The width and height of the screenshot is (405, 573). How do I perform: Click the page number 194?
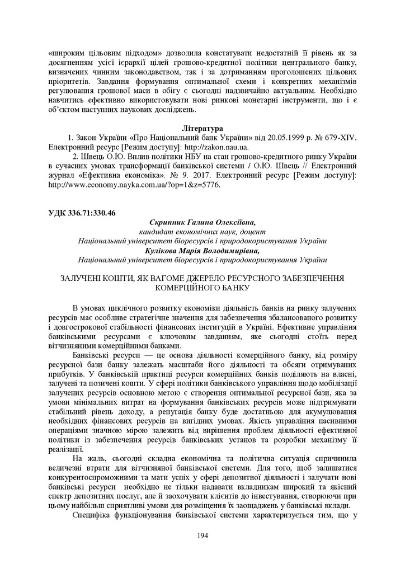pos(202,536)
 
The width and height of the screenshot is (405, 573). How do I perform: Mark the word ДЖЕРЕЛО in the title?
pos(195,278)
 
